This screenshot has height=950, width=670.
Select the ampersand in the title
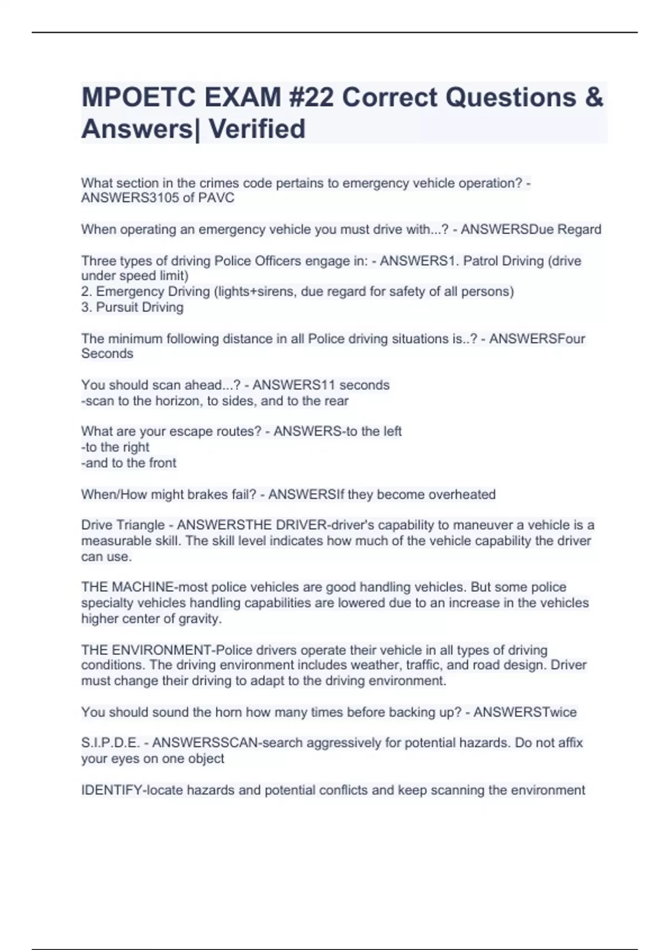pyautogui.click(x=595, y=98)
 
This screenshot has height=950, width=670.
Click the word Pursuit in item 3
pyautogui.click(x=118, y=307)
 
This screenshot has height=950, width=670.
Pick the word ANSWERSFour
pyautogui.click(x=537, y=339)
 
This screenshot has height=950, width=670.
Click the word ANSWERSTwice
pyautogui.click(x=525, y=712)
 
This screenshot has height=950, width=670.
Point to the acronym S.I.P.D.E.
pyautogui.click(x=111, y=743)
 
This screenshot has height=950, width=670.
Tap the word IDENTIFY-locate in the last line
pyautogui.click(x=132, y=790)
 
